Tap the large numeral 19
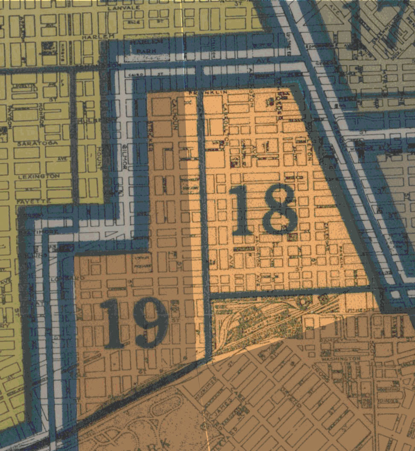(134, 322)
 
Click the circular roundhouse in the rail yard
(304, 302)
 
